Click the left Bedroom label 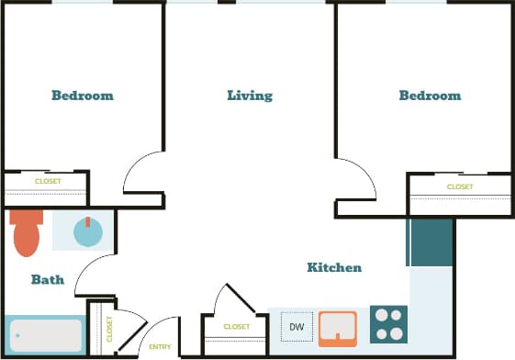click(83, 96)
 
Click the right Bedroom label click(430, 96)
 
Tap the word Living click(250, 96)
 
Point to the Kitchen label click(334, 267)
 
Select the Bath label click(48, 279)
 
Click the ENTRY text click(160, 346)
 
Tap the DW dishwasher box click(297, 326)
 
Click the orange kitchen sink click(337, 328)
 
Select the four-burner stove click(388, 324)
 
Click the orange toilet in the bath click(28, 234)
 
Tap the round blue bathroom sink click(87, 231)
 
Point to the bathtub click(45, 335)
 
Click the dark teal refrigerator click(431, 242)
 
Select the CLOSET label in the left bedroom click(48, 182)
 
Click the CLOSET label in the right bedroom click(460, 187)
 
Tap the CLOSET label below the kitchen click(236, 327)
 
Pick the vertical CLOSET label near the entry click(109, 329)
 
